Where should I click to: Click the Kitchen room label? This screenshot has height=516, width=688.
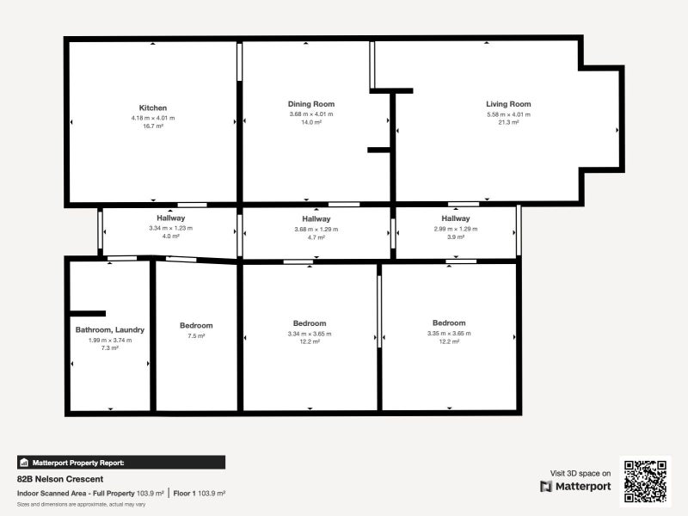153,107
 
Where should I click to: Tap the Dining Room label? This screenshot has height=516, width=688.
311,104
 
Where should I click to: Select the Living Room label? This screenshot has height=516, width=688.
508,104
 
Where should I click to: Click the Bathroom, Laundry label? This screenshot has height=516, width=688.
110,329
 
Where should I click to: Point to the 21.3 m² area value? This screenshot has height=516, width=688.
508,123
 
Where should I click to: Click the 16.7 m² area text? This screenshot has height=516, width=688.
153,126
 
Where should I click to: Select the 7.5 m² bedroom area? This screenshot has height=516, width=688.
196,336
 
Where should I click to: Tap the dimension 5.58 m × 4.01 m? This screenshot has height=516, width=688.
508,114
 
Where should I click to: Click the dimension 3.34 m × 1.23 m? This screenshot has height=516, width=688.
170,228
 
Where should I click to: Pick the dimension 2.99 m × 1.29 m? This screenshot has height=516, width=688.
456,229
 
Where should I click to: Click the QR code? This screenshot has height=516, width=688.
645,482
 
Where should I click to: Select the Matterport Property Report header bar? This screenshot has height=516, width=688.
121,463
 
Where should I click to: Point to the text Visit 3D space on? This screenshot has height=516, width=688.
580,473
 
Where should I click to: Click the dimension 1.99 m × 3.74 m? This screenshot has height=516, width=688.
110,340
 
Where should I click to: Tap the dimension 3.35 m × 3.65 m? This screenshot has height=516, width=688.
449,333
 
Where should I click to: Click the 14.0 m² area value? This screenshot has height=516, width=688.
311,123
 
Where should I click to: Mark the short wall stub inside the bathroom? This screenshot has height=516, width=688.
88,314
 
